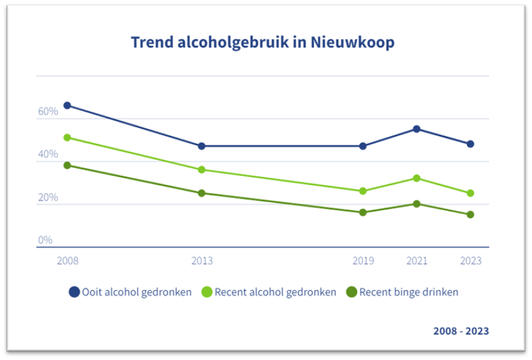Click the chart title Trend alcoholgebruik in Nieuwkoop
(x=262, y=42)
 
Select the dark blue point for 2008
(x=67, y=105)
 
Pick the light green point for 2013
(x=202, y=169)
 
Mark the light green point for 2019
(x=363, y=191)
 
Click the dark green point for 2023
(x=470, y=214)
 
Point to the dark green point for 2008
(x=67, y=165)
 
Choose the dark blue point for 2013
(x=202, y=146)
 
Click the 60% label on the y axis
(x=48, y=111)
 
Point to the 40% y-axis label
(x=48, y=154)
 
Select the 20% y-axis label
(x=48, y=197)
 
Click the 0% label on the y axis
(x=45, y=240)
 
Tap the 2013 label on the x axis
(x=202, y=261)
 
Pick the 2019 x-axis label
(x=363, y=261)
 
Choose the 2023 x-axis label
(x=470, y=261)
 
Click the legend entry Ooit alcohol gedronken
(x=131, y=292)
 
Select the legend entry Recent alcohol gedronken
(x=268, y=292)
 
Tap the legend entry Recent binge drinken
(x=403, y=292)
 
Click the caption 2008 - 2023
(x=461, y=331)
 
